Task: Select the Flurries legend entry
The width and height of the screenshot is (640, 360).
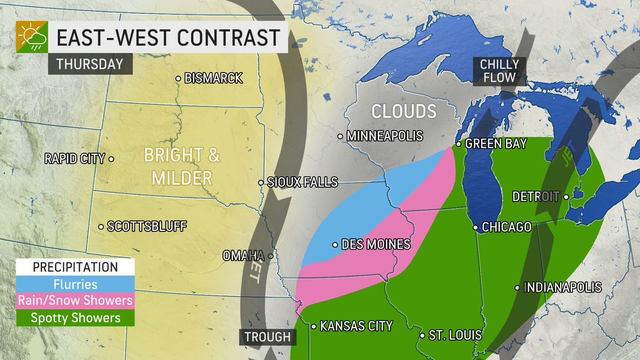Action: coord(75,284)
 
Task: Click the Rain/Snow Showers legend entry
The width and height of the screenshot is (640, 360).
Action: coord(75,301)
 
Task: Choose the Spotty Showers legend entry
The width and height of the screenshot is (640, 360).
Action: coord(75,318)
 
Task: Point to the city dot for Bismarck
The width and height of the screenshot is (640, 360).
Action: coord(178,78)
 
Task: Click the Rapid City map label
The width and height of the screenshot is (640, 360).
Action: coord(75,158)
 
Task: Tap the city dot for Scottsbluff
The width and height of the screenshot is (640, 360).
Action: coord(101,227)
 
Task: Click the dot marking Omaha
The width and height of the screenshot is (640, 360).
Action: coord(271,256)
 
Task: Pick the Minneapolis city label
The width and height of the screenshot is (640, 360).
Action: coord(384,137)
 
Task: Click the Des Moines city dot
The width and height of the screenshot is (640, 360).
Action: coord(335,245)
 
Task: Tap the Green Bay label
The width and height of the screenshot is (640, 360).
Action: coord(495,144)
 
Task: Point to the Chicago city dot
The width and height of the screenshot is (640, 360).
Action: coord(475,227)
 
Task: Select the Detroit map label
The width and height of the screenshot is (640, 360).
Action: coord(535,197)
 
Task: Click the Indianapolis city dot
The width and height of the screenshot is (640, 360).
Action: coord(517,288)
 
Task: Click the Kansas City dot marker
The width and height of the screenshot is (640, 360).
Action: coord(314,326)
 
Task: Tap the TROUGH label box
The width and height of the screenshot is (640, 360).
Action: coord(268,337)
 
